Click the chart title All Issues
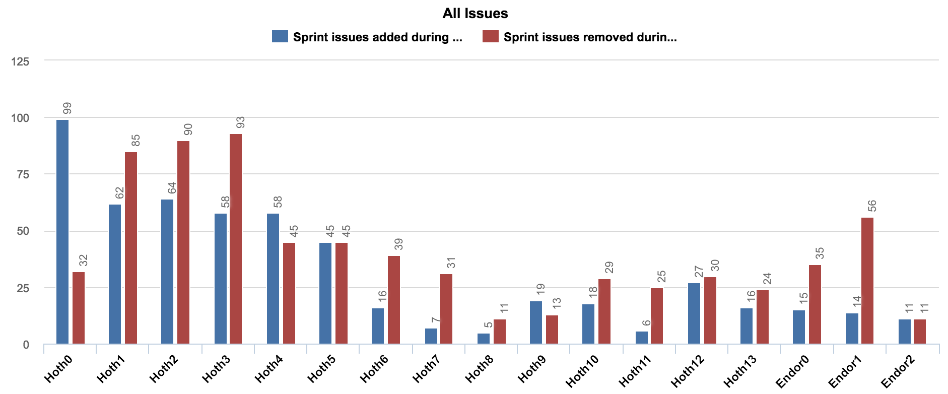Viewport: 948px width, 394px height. coord(475,14)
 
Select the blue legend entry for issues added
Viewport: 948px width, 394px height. coord(367,37)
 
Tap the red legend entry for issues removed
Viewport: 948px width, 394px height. coord(579,37)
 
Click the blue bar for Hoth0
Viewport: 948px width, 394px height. coord(62,232)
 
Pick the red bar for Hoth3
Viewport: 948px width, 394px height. coord(236,239)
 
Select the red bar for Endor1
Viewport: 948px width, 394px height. coord(867,281)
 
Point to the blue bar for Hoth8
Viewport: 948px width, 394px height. coord(484,339)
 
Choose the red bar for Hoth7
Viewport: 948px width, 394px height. coord(446,309)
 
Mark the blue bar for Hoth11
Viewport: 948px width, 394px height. coord(642,338)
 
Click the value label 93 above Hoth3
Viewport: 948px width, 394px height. coord(240,122)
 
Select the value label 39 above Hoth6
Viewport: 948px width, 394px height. coord(398,244)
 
